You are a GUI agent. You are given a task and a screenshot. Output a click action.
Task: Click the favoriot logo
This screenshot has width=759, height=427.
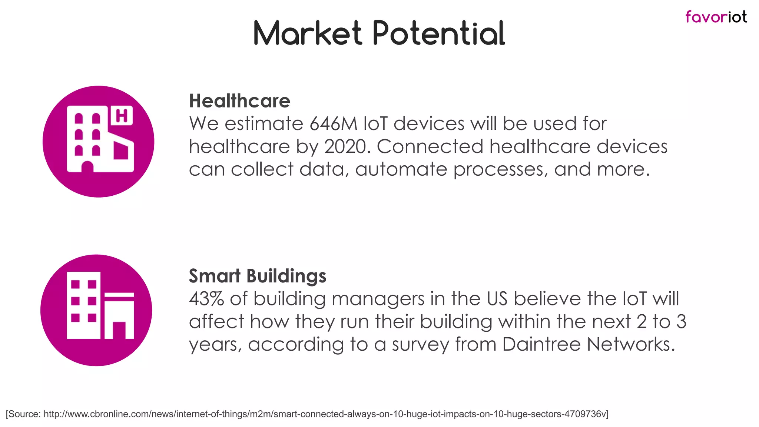(716, 17)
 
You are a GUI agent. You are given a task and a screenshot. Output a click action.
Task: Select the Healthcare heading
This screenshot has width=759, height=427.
(239, 101)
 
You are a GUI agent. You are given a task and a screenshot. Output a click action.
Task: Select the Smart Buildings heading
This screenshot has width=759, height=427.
(257, 276)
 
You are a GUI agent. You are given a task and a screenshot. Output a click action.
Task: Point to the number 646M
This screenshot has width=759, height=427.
(333, 124)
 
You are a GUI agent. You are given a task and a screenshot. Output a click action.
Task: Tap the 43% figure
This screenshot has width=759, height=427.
(206, 299)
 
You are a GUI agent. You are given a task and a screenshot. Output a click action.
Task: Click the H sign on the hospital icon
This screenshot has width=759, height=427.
(122, 116)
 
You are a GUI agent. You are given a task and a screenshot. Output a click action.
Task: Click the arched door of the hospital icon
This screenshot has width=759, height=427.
(87, 167)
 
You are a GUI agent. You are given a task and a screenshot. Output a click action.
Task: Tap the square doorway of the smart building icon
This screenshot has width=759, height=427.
(119, 330)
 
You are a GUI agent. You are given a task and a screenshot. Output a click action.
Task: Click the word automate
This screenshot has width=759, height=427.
(401, 169)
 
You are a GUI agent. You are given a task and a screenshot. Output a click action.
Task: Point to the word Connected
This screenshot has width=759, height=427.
(430, 146)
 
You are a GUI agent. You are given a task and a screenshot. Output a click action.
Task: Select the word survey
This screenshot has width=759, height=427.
(420, 344)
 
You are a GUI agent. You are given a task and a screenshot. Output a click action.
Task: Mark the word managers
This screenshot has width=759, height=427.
(378, 299)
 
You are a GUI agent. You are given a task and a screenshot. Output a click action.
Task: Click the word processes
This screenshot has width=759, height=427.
(500, 169)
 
